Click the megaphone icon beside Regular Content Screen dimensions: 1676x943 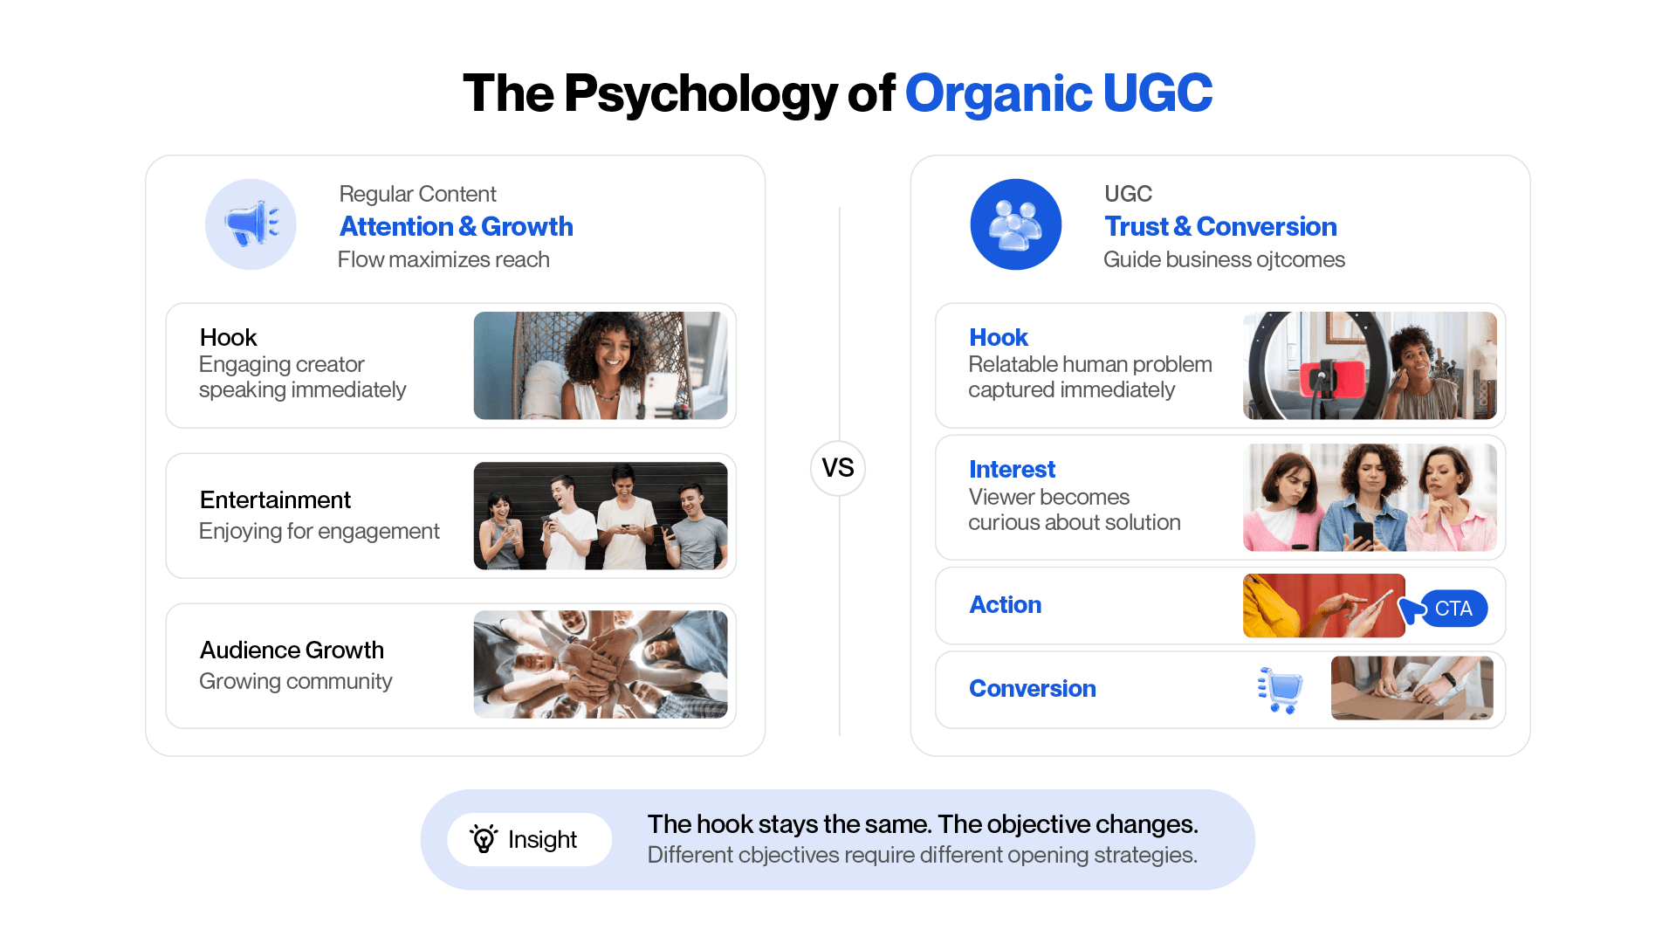point(251,224)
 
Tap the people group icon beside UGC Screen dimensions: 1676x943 point(1015,224)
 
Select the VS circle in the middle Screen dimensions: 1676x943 point(838,468)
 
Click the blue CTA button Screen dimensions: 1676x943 point(1453,609)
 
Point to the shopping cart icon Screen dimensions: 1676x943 point(1281,690)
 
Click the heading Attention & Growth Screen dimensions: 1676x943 point(457,226)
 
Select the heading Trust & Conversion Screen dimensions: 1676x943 point(1220,226)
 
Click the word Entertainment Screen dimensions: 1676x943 point(275,499)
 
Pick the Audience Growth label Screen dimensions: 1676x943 point(292,650)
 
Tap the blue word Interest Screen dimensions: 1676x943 point(1012,469)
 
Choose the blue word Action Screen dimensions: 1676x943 point(1005,604)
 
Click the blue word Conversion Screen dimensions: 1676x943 point(1033,688)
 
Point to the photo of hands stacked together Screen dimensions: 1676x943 point(601,664)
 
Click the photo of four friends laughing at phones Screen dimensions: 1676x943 point(601,516)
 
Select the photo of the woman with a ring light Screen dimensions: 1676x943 point(1370,366)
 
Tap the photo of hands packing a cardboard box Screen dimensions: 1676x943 point(1412,688)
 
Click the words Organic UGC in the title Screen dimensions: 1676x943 point(1059,93)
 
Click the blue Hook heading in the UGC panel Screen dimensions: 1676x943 point(999,337)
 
